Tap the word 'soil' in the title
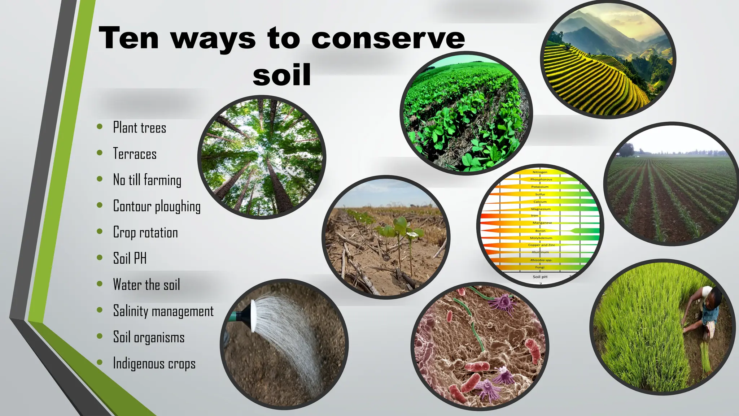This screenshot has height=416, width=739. tap(282, 75)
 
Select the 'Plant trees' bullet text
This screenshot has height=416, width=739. tap(140, 128)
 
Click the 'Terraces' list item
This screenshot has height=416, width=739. tap(135, 154)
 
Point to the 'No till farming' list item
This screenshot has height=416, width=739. tap(147, 180)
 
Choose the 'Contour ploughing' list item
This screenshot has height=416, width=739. tap(157, 206)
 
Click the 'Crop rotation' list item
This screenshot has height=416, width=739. tap(145, 232)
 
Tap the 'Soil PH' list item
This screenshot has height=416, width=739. tap(130, 259)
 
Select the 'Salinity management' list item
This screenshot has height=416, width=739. tap(163, 311)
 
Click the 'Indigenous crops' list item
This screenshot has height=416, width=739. tap(154, 363)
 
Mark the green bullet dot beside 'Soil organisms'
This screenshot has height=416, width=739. tap(100, 337)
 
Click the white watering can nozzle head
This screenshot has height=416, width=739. tap(253, 316)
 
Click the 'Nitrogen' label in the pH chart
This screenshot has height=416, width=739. tap(540, 172)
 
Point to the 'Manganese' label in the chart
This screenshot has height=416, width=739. tap(542, 223)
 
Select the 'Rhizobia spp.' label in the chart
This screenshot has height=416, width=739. tap(541, 260)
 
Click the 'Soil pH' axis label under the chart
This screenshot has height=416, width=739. tap(540, 277)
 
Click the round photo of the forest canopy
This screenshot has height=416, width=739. tap(262, 157)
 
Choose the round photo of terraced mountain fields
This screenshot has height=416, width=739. tap(608, 60)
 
